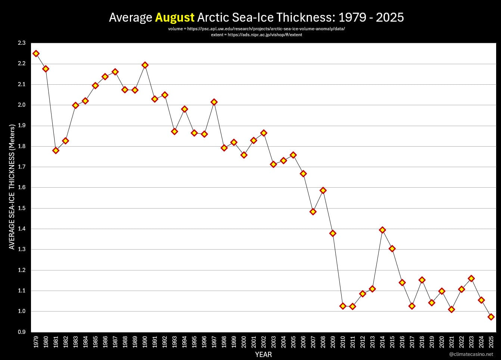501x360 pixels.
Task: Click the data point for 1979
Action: [36, 53]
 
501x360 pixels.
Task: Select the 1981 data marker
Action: [56, 150]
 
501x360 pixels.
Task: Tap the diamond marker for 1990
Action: [145, 65]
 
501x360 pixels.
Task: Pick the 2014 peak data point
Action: [382, 230]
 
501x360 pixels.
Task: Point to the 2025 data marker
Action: [491, 317]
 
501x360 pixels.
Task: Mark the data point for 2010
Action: [343, 306]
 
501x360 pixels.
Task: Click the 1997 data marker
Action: [214, 102]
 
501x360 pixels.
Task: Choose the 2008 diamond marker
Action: [323, 190]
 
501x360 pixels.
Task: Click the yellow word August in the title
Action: [174, 18]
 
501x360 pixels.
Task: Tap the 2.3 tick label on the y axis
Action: [22, 43]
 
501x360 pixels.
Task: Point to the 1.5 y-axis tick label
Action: [22, 208]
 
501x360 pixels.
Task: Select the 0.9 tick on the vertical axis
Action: [22, 332]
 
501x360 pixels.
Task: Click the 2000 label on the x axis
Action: [244, 342]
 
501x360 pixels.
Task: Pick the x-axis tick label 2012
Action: [362, 342]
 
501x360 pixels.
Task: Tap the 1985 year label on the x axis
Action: [95, 342]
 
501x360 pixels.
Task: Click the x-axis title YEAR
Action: [263, 354]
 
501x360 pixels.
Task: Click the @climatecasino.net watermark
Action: [471, 354]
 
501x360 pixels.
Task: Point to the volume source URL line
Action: [256, 29]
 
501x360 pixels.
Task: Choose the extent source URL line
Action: [256, 35]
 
